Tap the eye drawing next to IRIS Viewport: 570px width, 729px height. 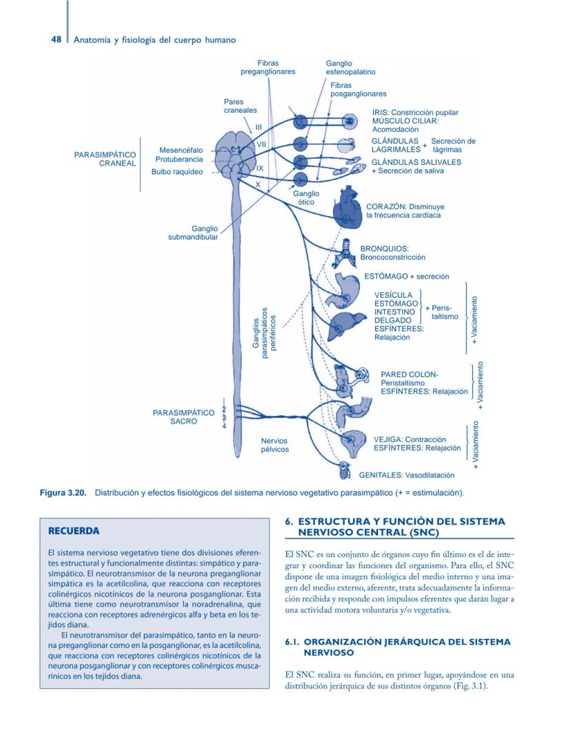tap(350, 122)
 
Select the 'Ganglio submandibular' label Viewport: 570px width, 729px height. tap(193, 232)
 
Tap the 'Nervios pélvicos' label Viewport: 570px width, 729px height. tap(275, 444)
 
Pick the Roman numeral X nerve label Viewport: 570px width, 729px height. tap(258, 184)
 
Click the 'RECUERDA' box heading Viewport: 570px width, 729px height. tap(74, 531)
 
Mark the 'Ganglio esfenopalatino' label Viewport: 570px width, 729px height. tap(350, 67)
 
